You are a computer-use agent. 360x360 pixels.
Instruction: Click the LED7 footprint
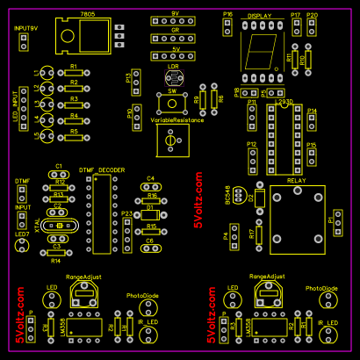point(23,247)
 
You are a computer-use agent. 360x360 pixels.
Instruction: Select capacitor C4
point(150,186)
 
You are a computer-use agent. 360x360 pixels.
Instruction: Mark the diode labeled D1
point(150,214)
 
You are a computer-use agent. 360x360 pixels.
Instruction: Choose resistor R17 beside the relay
point(259,234)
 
